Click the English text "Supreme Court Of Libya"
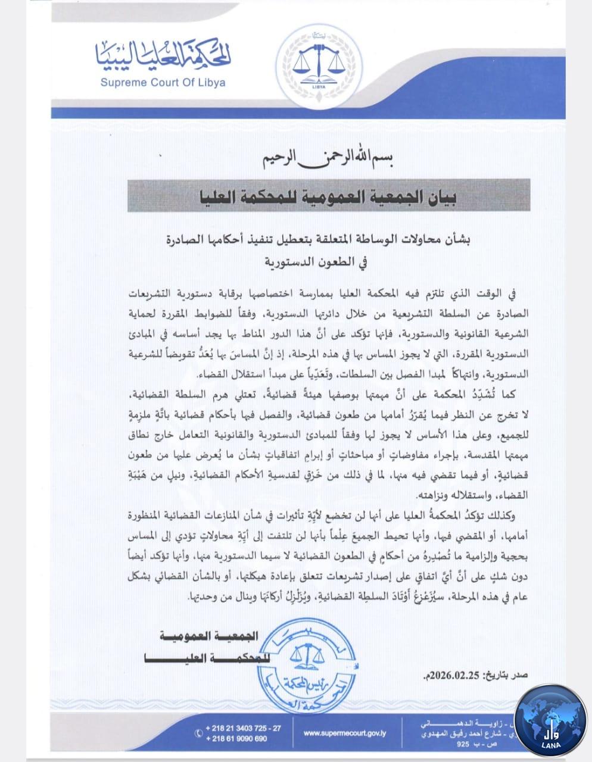click(x=163, y=83)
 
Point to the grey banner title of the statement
click(x=329, y=195)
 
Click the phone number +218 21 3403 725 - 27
click(x=242, y=728)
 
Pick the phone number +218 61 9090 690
click(x=236, y=739)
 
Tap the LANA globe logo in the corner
click(x=550, y=720)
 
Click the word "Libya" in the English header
click(x=211, y=83)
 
